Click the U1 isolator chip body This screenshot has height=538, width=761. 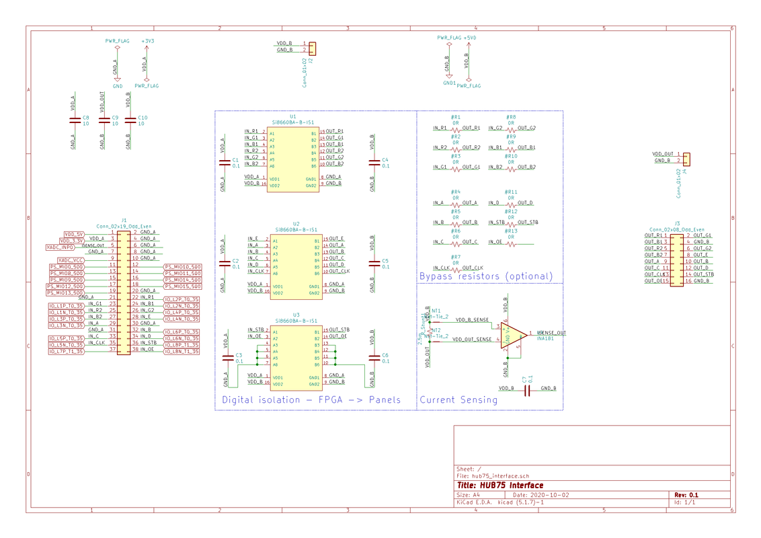tap(293, 159)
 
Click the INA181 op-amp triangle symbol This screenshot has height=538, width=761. tap(511, 334)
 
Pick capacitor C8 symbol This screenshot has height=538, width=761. tap(75, 120)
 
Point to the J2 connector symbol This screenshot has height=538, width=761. tap(312, 47)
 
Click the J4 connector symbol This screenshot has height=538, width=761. tap(686, 158)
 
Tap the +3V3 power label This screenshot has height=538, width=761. tap(147, 41)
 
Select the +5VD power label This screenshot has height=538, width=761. tap(469, 38)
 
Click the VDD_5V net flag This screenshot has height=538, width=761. tap(73, 234)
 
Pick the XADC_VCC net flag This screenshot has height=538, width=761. tap(71, 260)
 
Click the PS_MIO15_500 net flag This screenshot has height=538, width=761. tap(182, 286)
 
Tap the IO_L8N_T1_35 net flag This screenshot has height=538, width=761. tap(182, 351)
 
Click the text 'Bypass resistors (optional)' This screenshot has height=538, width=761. tap(485, 276)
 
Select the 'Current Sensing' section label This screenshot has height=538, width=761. tap(458, 400)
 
